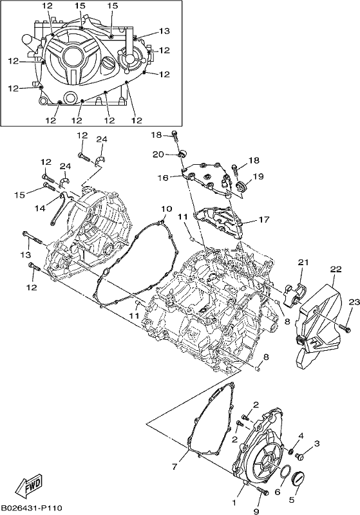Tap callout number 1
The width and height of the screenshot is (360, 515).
[234, 503]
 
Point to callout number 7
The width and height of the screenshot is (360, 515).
[175, 466]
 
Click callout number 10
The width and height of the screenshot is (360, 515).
[167, 209]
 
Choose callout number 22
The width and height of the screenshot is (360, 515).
[336, 269]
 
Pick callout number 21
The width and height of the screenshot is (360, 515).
[303, 263]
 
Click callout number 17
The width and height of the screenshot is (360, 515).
[264, 219]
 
